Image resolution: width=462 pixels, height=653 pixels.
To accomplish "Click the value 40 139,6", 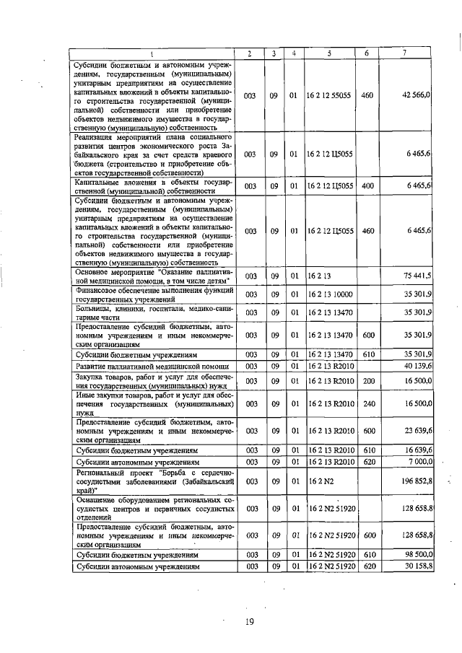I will (417, 367).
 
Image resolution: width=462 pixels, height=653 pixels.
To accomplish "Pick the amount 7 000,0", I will (419, 460).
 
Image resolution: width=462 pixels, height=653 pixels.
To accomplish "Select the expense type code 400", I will (367, 186).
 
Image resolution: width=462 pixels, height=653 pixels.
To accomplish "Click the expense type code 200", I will (367, 381).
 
